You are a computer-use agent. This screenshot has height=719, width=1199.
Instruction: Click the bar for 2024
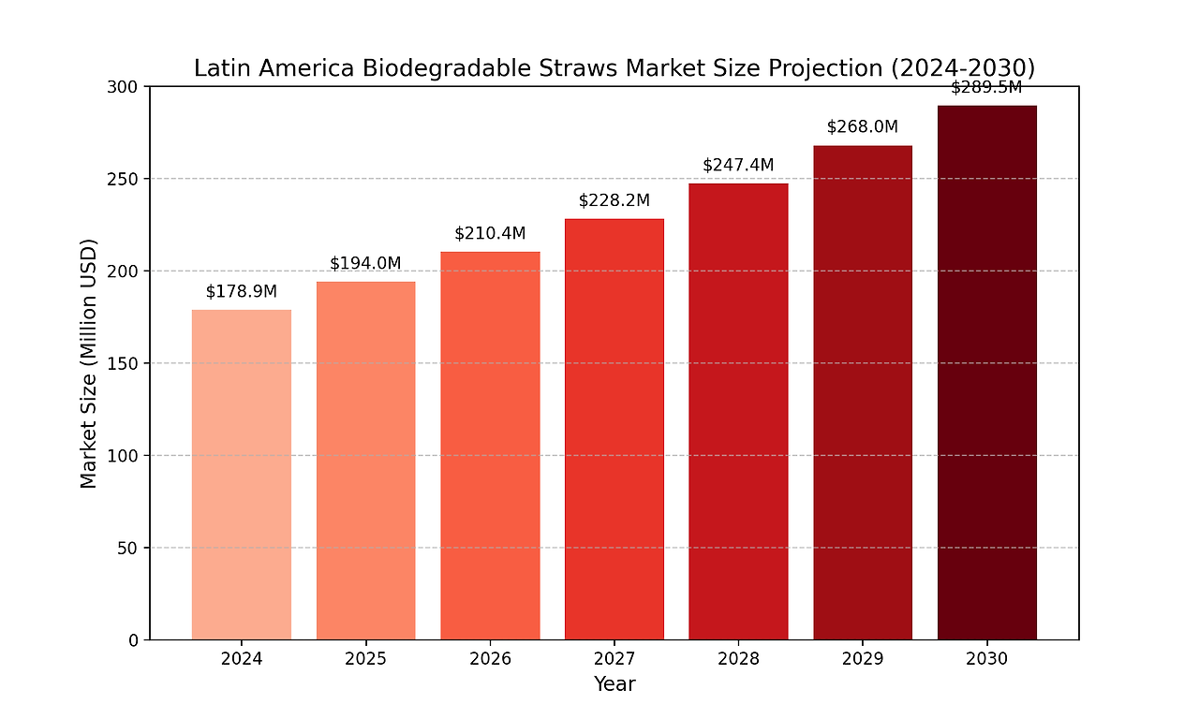242,475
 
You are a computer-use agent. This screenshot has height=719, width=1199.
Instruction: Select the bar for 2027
614,429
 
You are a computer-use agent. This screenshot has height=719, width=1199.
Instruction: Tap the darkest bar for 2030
986,373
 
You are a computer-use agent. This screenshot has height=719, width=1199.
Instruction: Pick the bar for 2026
490,446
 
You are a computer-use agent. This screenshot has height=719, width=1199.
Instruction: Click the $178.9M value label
242,291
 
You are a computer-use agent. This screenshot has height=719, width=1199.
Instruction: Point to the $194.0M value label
365,263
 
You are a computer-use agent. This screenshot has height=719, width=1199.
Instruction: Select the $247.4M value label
738,165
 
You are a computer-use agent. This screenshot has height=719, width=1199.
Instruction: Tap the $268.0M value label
862,126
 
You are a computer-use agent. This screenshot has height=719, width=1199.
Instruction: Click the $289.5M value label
986,88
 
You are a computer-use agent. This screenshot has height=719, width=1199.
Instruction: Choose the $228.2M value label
614,200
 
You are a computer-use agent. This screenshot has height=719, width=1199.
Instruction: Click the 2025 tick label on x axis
365,659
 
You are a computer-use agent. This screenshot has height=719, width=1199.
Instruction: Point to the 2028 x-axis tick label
738,659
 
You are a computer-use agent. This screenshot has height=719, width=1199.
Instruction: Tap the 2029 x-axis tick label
862,659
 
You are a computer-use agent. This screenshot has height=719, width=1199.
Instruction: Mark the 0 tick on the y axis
134,640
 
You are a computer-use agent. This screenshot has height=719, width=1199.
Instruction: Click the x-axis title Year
614,684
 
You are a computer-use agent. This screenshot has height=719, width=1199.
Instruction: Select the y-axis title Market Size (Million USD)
89,363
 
